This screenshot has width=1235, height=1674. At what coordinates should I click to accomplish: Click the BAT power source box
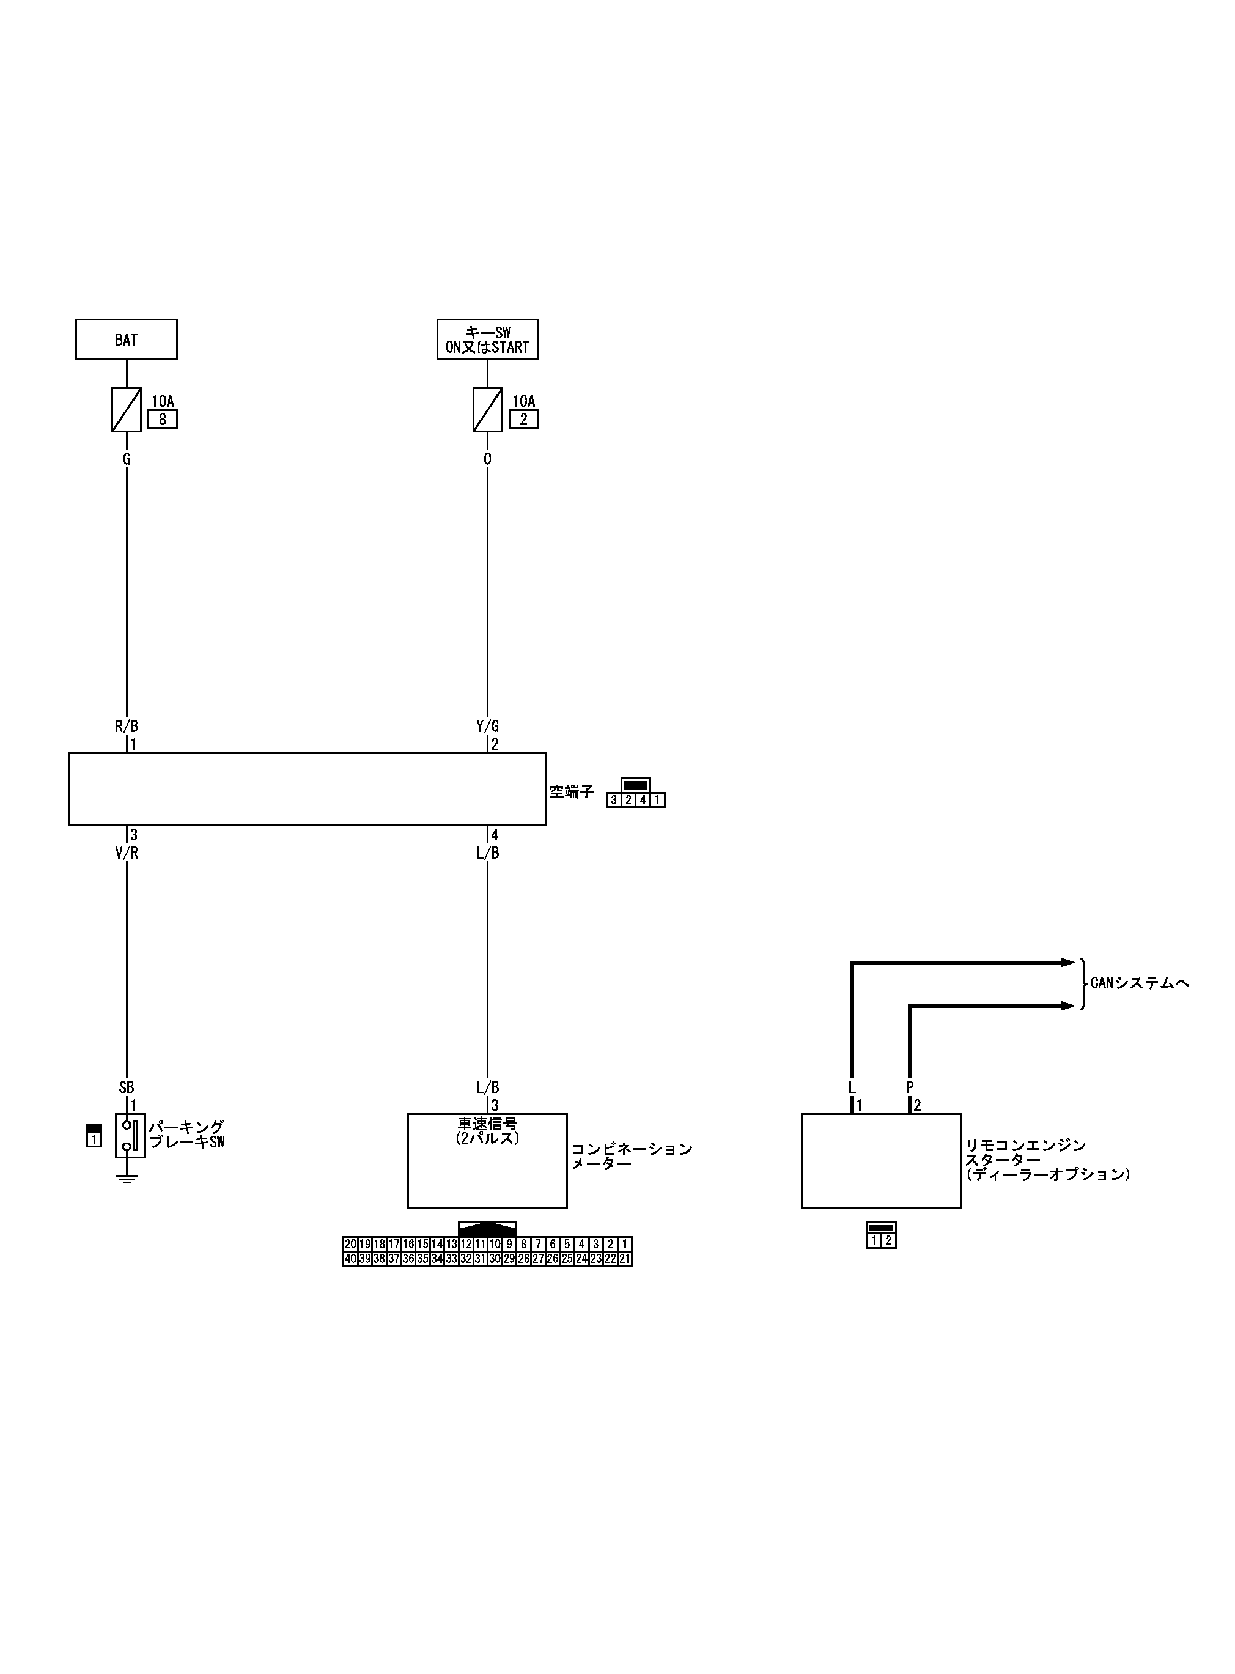127,339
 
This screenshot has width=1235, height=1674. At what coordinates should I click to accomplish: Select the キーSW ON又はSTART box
487,339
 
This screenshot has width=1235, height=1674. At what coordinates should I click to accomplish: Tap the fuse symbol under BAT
127,410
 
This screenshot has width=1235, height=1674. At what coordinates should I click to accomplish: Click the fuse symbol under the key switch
487,410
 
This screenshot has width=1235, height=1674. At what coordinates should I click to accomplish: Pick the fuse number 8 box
162,420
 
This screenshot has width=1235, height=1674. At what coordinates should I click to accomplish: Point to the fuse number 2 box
523,420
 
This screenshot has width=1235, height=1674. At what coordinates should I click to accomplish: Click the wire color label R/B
127,726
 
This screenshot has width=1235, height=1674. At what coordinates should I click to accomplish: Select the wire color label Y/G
487,726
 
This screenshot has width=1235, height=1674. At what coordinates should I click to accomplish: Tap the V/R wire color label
127,853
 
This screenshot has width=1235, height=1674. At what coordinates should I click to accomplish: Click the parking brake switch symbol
130,1136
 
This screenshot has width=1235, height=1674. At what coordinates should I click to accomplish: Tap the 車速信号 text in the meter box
487,1124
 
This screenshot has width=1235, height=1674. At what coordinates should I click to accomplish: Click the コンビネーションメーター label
632,1156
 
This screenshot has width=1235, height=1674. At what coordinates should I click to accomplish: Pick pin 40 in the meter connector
350,1259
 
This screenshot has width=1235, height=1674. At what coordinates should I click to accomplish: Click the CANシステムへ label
1139,983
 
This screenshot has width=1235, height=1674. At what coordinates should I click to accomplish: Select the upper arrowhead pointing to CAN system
1067,963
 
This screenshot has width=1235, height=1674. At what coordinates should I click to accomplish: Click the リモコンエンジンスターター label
1047,1160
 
